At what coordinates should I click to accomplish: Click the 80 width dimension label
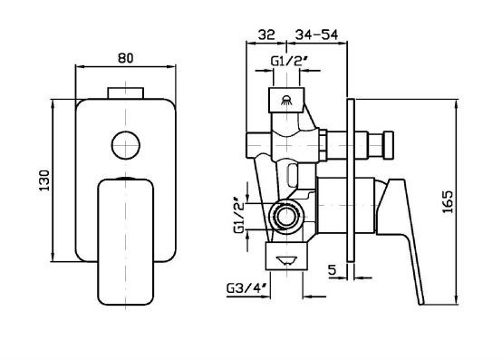(125, 58)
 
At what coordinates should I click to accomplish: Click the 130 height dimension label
(44, 180)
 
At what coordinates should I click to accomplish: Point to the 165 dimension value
(448, 202)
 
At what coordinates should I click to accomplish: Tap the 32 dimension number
(266, 34)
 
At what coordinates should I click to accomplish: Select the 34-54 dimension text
(316, 34)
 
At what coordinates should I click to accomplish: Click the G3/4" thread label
(246, 288)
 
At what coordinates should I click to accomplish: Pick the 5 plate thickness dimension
(333, 270)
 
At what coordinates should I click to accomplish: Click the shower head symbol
(286, 101)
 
